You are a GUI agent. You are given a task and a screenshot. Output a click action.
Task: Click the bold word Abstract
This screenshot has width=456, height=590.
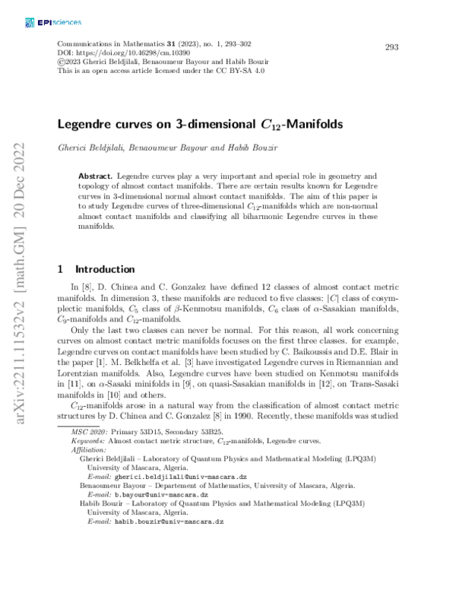pos(96,176)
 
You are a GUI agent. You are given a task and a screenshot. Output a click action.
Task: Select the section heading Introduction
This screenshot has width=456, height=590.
pos(104,268)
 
